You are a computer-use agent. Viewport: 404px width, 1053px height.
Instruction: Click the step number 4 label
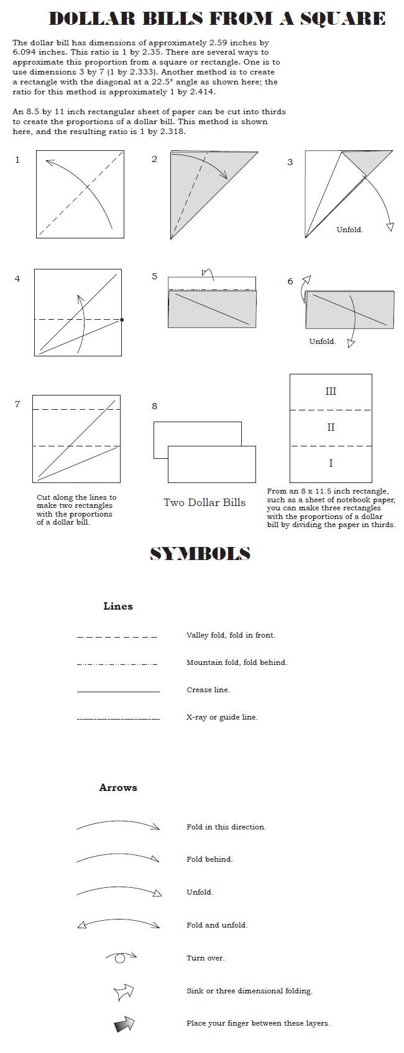(x=17, y=279)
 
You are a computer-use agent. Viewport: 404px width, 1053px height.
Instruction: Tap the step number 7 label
(x=17, y=404)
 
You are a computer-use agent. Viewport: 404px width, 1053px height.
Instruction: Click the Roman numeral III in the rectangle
(x=331, y=391)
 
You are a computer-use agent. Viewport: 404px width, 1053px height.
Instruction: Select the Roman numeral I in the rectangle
(x=331, y=463)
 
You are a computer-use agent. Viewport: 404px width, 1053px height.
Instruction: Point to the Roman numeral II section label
(x=331, y=427)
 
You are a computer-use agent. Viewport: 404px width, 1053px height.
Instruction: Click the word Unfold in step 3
(x=349, y=230)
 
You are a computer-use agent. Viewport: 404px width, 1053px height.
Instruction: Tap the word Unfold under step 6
(x=322, y=341)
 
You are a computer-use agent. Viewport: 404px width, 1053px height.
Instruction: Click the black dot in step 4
(x=122, y=320)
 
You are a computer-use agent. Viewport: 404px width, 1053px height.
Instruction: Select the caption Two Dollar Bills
(x=204, y=502)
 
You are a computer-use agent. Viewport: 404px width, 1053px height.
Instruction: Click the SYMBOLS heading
(x=200, y=553)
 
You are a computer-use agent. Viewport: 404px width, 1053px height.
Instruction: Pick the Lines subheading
(x=118, y=606)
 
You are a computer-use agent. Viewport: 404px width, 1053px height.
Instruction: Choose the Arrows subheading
(x=118, y=787)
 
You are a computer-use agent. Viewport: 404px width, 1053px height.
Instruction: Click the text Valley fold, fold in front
(x=231, y=635)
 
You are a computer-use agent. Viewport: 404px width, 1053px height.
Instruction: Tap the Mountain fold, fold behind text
(x=237, y=662)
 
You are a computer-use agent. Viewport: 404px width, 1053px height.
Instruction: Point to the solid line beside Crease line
(x=118, y=691)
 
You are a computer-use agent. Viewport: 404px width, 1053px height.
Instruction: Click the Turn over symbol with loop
(x=121, y=957)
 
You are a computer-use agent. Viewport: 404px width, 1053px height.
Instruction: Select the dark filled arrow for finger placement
(x=124, y=1024)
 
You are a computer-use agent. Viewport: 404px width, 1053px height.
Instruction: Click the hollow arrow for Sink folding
(x=124, y=992)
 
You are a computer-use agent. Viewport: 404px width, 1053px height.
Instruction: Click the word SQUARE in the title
(x=342, y=19)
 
